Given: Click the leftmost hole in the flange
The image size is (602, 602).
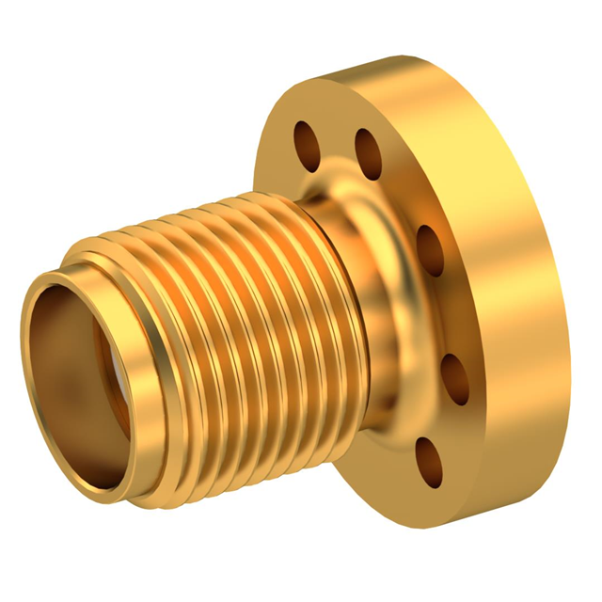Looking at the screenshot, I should tap(306, 142).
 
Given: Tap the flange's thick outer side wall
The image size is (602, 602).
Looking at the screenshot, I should tap(527, 282).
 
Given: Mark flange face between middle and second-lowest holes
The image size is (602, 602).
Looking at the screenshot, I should tap(447, 315).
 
